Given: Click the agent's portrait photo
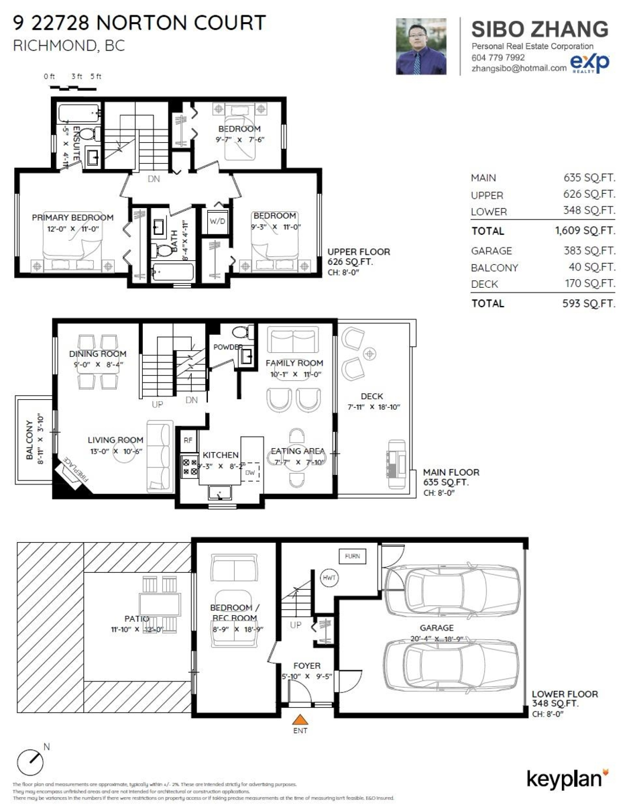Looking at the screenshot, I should click(x=421, y=46).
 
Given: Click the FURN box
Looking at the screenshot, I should click(x=352, y=556).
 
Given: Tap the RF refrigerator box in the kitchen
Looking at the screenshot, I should click(x=188, y=441).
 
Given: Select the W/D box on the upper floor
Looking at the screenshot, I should click(x=217, y=221).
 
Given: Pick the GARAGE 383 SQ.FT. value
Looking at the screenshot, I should click(x=589, y=251).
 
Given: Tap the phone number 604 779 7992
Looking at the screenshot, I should click(x=498, y=58).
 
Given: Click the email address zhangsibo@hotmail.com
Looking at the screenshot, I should click(x=519, y=68).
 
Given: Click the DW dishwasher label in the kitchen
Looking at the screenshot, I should click(x=249, y=472).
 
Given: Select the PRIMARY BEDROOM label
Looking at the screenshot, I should click(x=72, y=217).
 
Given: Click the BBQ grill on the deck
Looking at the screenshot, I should click(x=396, y=458).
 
